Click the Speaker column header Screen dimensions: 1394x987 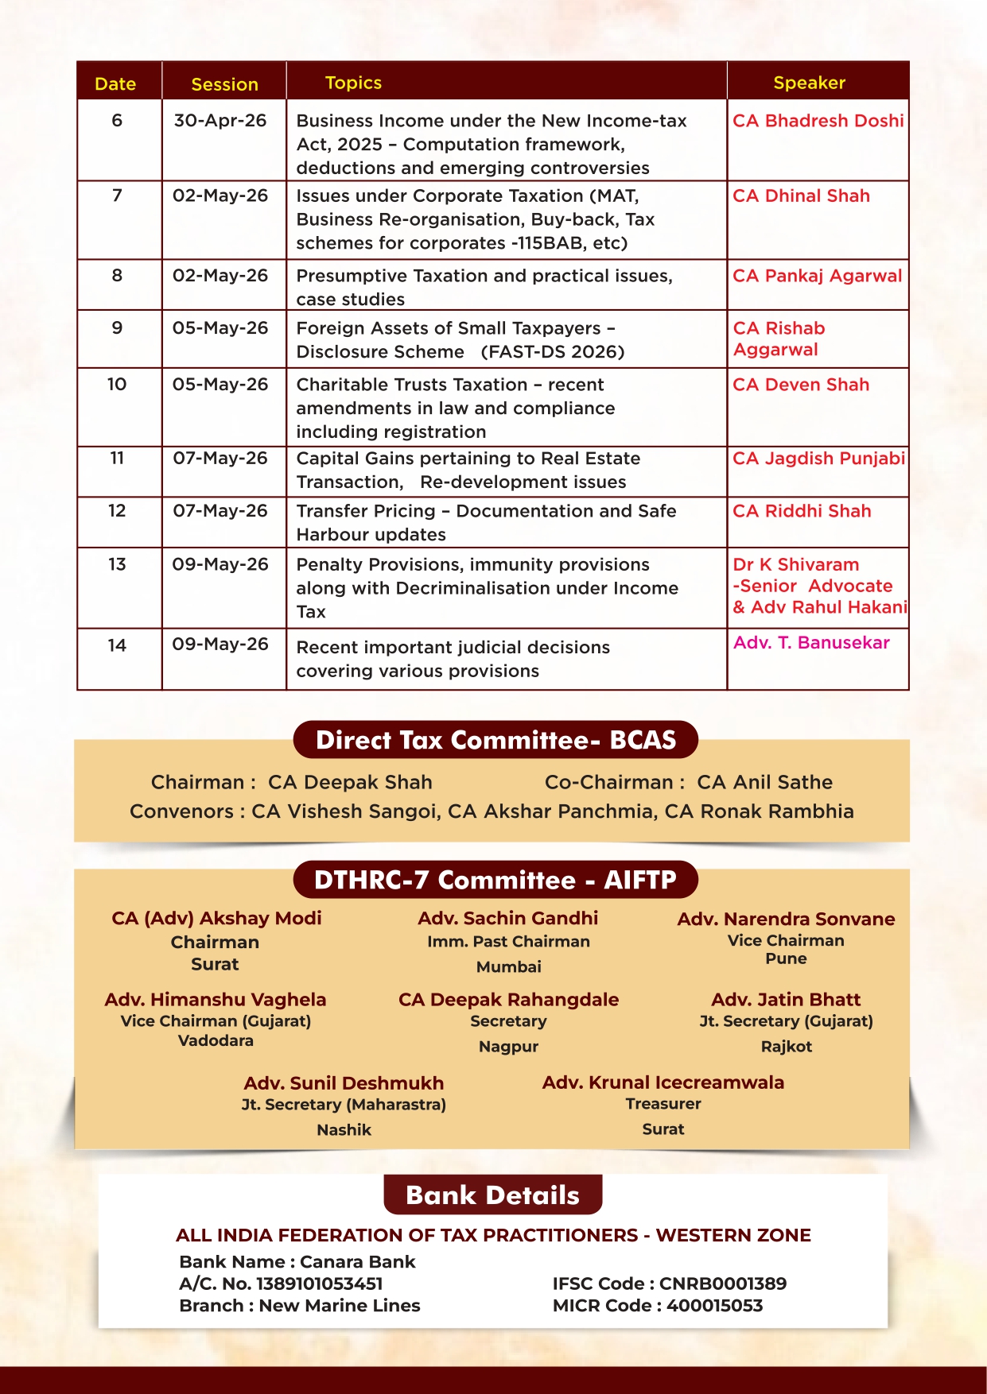tap(809, 83)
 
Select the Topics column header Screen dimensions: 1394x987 tap(353, 83)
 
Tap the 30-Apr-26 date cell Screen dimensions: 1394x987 tap(220, 121)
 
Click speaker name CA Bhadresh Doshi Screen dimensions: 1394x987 tap(818, 121)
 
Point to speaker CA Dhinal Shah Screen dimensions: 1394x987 tap(801, 196)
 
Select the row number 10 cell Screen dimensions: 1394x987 tap(117, 385)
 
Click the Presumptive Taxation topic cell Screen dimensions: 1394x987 tap(484, 287)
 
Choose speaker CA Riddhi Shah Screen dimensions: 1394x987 tap(802, 511)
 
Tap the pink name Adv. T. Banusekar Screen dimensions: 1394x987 tap(811, 643)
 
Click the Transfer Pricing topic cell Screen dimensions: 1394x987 tap(486, 522)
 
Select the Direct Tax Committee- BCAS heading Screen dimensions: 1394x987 tap(495, 740)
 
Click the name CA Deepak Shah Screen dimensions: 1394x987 tap(350, 782)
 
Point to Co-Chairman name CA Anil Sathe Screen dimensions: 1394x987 tap(764, 782)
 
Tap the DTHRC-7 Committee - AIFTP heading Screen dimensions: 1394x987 tap(495, 880)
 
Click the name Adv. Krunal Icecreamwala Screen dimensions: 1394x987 tap(663, 1082)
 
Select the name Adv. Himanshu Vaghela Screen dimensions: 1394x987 tap(216, 1000)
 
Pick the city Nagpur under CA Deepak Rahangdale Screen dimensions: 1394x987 tap(508, 1047)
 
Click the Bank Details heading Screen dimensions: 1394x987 tap(492, 1195)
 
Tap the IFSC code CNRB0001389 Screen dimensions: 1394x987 tap(722, 1284)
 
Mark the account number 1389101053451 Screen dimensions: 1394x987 tap(319, 1284)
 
